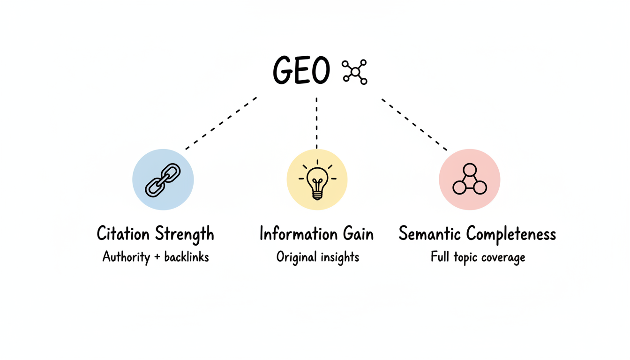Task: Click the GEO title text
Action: (x=301, y=72)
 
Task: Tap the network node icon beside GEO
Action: (x=355, y=72)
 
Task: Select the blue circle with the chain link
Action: (x=163, y=180)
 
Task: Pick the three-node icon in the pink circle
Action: (x=470, y=180)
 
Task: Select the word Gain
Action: (x=358, y=233)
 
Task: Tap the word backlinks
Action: (x=186, y=257)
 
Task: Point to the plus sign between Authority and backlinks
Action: (x=156, y=257)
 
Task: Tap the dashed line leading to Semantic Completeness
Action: (x=414, y=124)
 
